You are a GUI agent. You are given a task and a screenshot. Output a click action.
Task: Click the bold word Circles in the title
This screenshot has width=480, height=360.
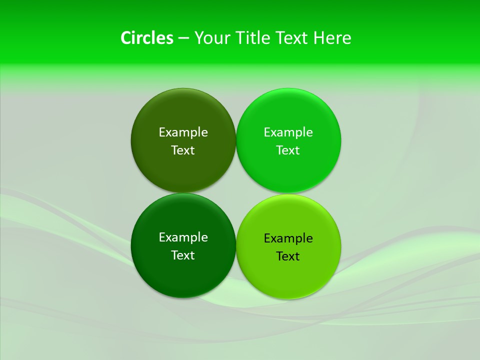pyautogui.click(x=146, y=38)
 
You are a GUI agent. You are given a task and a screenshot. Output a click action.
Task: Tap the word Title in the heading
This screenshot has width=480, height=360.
pyautogui.click(x=253, y=38)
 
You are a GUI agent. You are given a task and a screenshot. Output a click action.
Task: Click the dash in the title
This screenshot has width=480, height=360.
pyautogui.click(x=183, y=38)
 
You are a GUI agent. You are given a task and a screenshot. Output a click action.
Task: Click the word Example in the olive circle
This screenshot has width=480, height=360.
pyautogui.click(x=183, y=132)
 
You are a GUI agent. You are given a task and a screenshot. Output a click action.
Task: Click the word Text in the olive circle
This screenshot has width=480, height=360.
pyautogui.click(x=183, y=150)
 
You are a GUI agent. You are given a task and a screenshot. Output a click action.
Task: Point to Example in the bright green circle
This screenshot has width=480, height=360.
pyautogui.click(x=288, y=132)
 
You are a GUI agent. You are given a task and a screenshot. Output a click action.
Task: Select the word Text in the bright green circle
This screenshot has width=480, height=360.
pyautogui.click(x=288, y=150)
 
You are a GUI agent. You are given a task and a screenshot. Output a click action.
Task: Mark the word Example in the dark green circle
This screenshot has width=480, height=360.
pyautogui.click(x=183, y=237)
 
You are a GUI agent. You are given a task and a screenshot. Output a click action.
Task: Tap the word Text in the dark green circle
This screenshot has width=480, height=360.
pyautogui.click(x=183, y=255)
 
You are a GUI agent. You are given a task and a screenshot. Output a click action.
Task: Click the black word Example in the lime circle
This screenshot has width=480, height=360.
pyautogui.click(x=288, y=238)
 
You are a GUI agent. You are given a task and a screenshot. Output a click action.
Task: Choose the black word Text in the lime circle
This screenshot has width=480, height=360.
pyautogui.click(x=288, y=256)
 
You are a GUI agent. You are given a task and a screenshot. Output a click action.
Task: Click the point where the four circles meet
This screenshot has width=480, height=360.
pyautogui.click(x=236, y=193)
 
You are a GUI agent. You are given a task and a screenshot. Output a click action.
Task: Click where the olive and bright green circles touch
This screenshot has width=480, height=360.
pyautogui.click(x=236, y=140)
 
